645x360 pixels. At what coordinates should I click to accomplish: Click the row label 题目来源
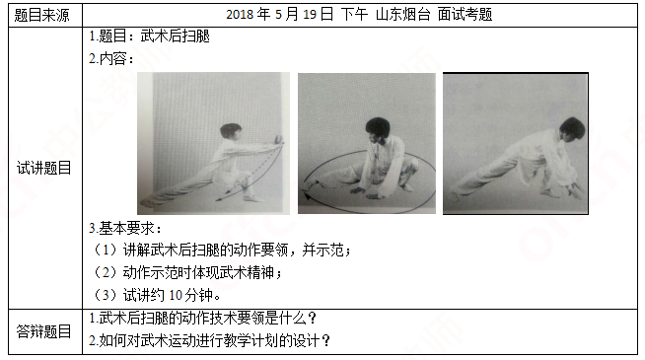41,15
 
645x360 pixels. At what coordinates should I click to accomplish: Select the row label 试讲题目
43,168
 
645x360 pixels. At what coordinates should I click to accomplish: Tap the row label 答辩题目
43,331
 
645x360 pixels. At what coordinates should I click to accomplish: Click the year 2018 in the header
240,15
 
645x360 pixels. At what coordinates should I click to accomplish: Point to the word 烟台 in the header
416,15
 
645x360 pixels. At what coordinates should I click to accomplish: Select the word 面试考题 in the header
465,15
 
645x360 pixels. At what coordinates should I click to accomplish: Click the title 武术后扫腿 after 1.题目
176,36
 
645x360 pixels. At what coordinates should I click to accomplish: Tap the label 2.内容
111,59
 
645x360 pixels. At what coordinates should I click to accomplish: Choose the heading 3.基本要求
125,228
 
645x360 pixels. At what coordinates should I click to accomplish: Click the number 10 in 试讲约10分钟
176,295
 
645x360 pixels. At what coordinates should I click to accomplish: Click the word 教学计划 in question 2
264,340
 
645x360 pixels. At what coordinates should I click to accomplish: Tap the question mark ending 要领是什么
312,318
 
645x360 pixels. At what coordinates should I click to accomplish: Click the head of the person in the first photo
231,131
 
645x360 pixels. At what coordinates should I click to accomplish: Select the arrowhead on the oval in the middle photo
307,197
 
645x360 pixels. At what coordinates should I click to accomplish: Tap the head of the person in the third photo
572,129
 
